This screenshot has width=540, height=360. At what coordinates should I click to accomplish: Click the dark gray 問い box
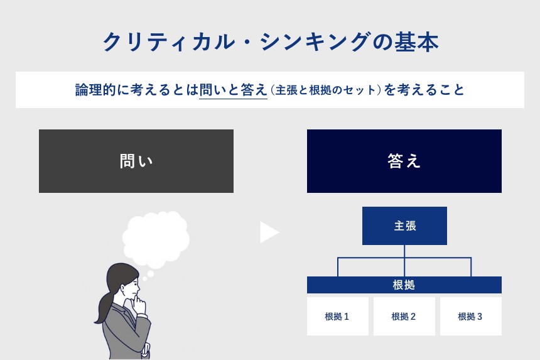point(136,161)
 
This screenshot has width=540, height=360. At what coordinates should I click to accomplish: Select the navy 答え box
point(404,161)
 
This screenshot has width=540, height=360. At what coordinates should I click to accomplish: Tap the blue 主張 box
point(404,226)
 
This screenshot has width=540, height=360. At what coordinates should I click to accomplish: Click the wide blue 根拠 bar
point(404,285)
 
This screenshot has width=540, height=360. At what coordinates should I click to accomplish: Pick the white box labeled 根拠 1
point(338,316)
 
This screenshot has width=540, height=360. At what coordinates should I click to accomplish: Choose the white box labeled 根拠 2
point(404,316)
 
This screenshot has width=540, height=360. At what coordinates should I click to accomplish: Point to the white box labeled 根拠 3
point(470,316)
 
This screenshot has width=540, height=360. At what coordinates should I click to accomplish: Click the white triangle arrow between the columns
point(269,232)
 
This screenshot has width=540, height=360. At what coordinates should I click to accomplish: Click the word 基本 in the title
point(417,42)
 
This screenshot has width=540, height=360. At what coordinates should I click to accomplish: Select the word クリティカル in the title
point(169,42)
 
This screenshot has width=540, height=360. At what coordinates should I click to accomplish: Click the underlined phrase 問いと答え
point(233,90)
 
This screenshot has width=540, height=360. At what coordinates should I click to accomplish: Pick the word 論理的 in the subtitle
point(95,90)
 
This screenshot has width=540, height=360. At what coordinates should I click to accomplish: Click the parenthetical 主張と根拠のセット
point(325,90)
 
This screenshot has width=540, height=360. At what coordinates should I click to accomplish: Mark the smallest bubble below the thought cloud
point(144,279)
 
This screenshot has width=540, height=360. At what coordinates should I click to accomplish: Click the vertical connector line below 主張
point(404,261)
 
